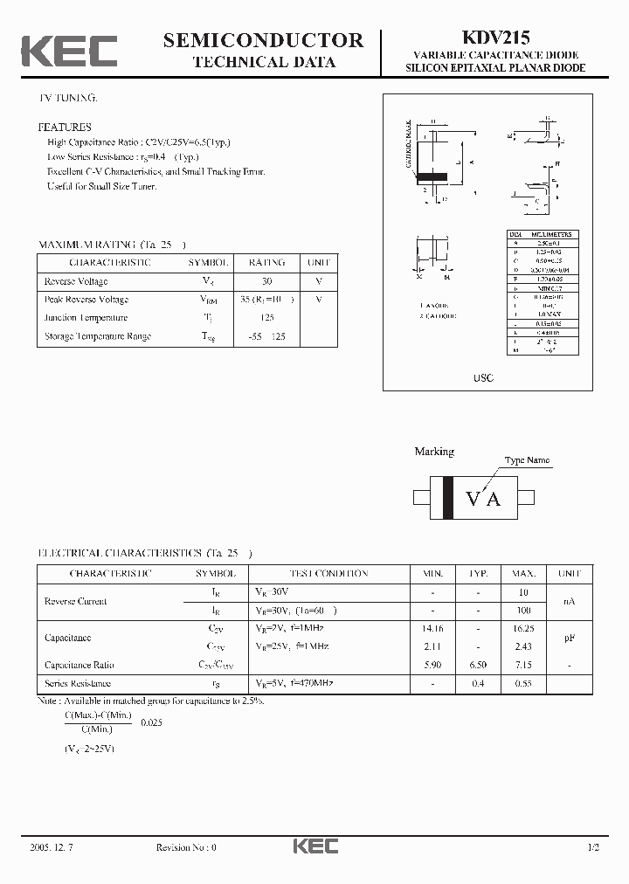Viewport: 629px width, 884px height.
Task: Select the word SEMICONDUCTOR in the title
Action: click(263, 39)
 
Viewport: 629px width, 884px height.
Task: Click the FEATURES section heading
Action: click(64, 127)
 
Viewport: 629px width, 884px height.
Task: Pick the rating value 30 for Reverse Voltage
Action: click(266, 281)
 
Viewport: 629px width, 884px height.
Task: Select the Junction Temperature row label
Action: click(86, 318)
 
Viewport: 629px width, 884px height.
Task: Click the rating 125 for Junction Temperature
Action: click(266, 318)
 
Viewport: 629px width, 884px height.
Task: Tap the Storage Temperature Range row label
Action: click(97, 336)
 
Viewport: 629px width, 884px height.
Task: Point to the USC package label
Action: click(484, 378)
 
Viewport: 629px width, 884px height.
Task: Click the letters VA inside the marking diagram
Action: click(483, 499)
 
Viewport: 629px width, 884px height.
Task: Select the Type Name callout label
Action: click(527, 460)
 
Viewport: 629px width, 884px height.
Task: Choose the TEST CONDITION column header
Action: click(312, 574)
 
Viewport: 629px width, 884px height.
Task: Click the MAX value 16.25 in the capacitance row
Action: click(523, 628)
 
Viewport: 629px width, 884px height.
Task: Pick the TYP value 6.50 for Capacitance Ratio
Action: click(478, 665)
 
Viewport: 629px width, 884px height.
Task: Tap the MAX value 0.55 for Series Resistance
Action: click(523, 683)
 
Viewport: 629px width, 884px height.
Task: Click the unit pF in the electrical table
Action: click(569, 638)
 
